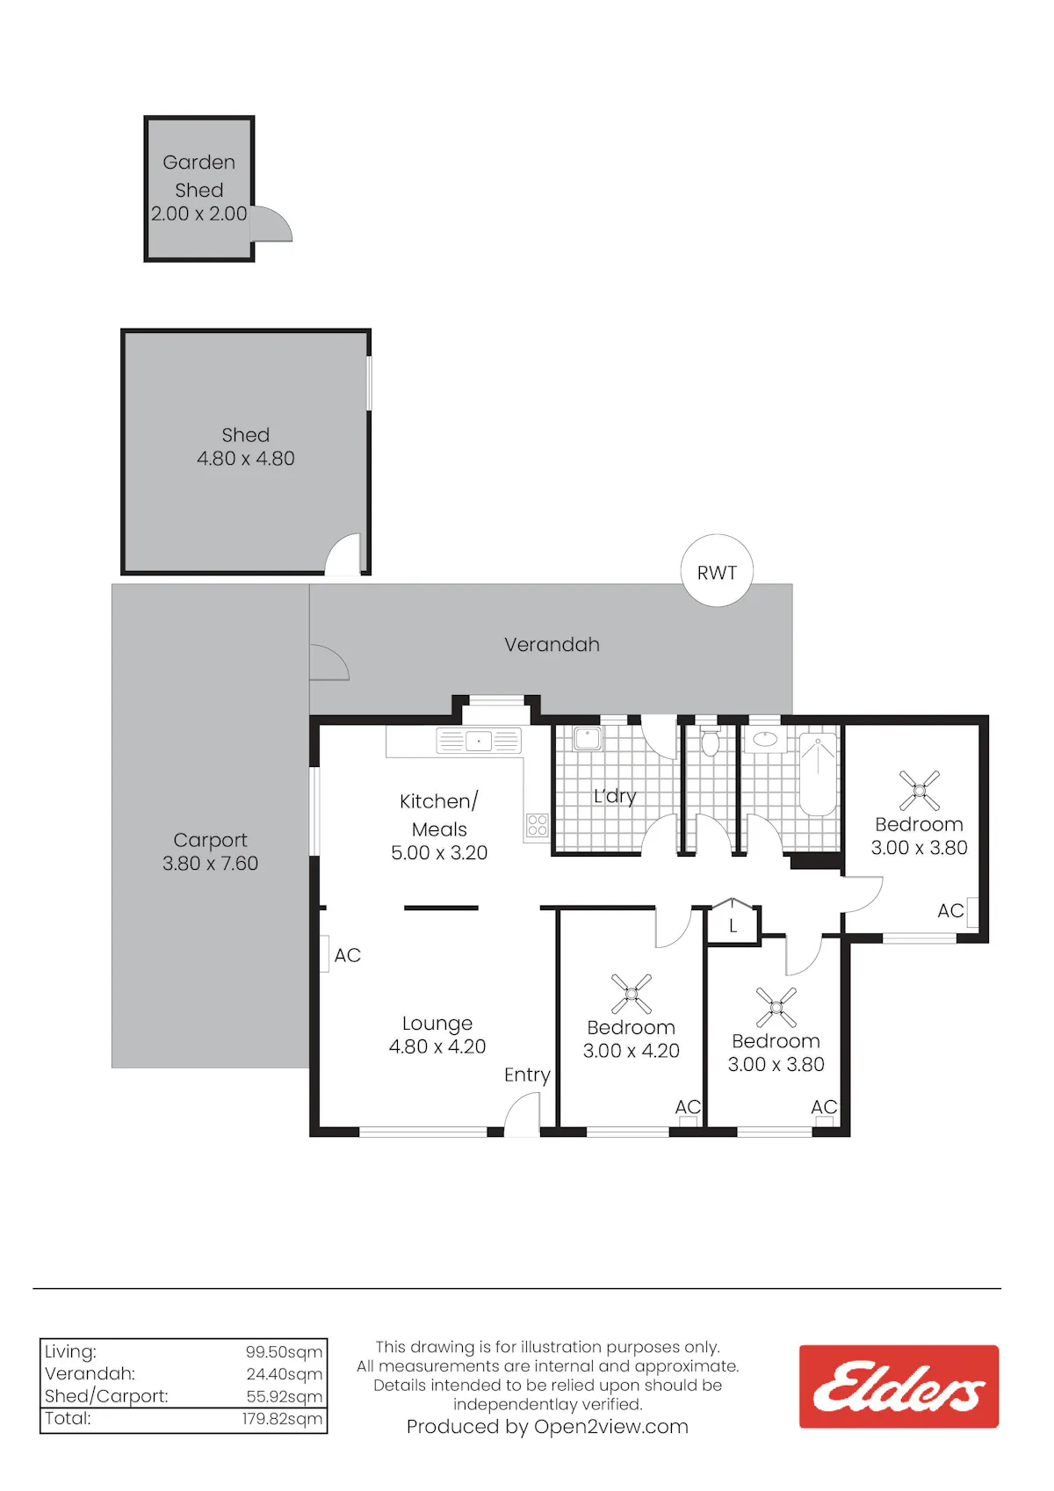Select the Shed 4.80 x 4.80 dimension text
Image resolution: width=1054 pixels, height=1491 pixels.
tap(246, 459)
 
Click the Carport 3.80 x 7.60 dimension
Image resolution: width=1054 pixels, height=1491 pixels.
tap(210, 864)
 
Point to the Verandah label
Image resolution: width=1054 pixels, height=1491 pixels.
tap(552, 644)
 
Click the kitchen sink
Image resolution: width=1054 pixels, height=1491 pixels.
tap(479, 741)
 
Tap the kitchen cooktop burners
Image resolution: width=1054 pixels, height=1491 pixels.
tap(537, 825)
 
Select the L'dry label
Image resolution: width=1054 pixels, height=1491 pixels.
tap(615, 796)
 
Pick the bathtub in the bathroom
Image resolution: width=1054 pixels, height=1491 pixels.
tap(818, 774)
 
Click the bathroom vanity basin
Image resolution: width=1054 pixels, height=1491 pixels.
tap(765, 739)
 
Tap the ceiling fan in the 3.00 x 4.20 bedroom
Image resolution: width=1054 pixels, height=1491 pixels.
tap(632, 994)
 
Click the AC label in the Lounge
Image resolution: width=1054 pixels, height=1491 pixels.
tap(347, 955)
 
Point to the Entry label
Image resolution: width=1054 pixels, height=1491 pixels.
tap(527, 1075)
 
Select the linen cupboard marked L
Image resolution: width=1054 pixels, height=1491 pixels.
tap(733, 922)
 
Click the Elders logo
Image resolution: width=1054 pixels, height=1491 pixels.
tap(899, 1386)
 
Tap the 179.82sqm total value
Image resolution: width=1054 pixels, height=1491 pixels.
tap(282, 1418)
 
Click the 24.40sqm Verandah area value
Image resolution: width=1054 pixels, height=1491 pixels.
tap(284, 1374)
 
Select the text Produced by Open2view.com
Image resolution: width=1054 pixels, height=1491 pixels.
tap(547, 1427)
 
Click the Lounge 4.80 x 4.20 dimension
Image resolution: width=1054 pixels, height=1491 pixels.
tap(437, 1046)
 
